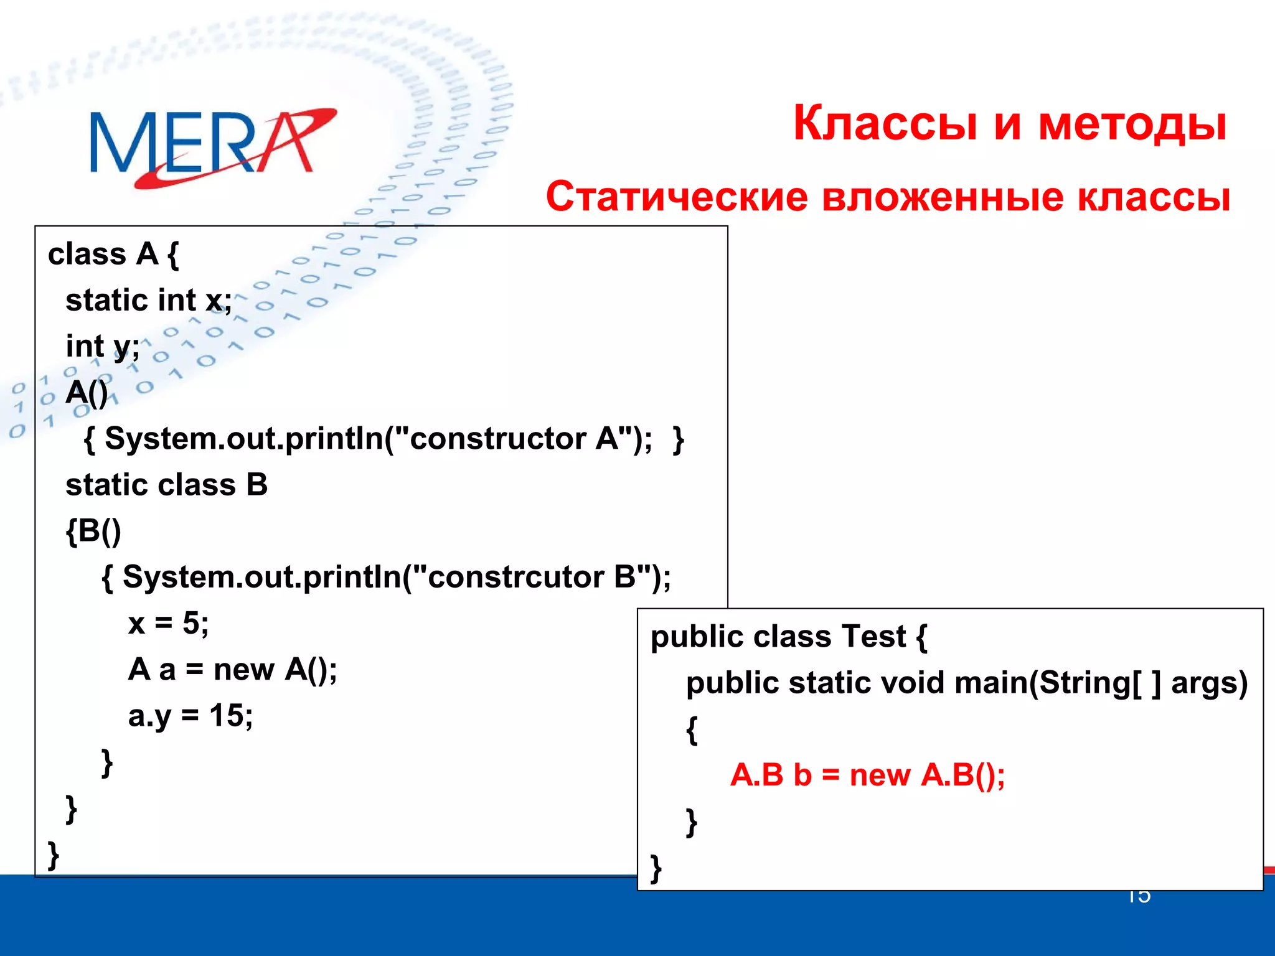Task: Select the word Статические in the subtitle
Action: coord(676,197)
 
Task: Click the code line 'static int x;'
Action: coord(149,301)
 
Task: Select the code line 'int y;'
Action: coord(103,347)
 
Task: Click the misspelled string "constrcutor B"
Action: coord(532,577)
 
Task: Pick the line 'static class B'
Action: coord(166,485)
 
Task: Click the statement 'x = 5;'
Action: coord(168,623)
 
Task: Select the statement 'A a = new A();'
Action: coord(232,670)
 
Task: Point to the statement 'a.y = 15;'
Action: coord(190,716)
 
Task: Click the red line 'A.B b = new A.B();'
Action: coord(867,776)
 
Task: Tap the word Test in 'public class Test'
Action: coord(873,637)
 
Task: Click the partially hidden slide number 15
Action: coord(1139,897)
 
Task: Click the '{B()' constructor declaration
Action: coord(93,531)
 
